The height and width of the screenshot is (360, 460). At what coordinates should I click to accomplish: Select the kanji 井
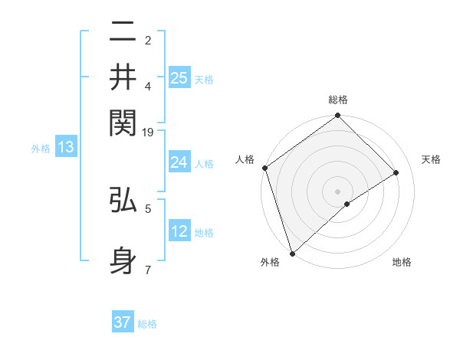click(x=123, y=78)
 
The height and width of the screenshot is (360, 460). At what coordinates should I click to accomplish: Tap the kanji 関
click(x=123, y=122)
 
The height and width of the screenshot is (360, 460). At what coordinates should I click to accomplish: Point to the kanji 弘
click(x=123, y=202)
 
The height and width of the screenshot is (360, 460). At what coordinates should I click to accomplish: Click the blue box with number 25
click(x=179, y=77)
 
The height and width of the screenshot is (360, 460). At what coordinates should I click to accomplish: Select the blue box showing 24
click(x=179, y=162)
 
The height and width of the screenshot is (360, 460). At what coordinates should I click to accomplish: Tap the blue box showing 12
click(x=179, y=231)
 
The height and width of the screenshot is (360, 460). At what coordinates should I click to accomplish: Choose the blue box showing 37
click(x=123, y=322)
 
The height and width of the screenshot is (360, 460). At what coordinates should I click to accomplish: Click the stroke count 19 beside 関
click(x=148, y=133)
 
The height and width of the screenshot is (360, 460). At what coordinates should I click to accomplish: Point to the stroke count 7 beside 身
click(x=148, y=270)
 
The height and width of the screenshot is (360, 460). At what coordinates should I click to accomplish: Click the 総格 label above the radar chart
click(x=338, y=100)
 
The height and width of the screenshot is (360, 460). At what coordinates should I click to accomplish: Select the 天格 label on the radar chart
click(x=432, y=159)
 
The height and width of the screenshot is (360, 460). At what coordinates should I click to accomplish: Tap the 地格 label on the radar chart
click(x=402, y=262)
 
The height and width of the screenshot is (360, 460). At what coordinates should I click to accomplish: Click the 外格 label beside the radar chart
click(x=270, y=262)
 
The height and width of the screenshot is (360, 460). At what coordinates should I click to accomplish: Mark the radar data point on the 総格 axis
click(x=338, y=116)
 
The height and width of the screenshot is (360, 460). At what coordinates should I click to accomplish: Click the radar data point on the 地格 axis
click(x=348, y=204)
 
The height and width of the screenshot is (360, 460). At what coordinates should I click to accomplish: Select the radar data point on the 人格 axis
click(x=264, y=168)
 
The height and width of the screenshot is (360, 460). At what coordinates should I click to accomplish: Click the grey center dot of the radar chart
click(x=338, y=191)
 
